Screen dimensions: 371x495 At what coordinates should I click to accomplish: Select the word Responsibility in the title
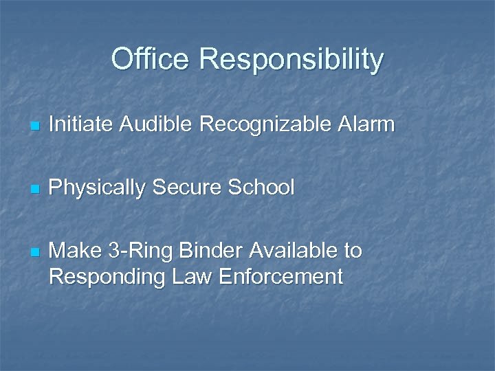(291, 60)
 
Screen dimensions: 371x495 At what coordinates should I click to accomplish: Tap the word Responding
(105, 278)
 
